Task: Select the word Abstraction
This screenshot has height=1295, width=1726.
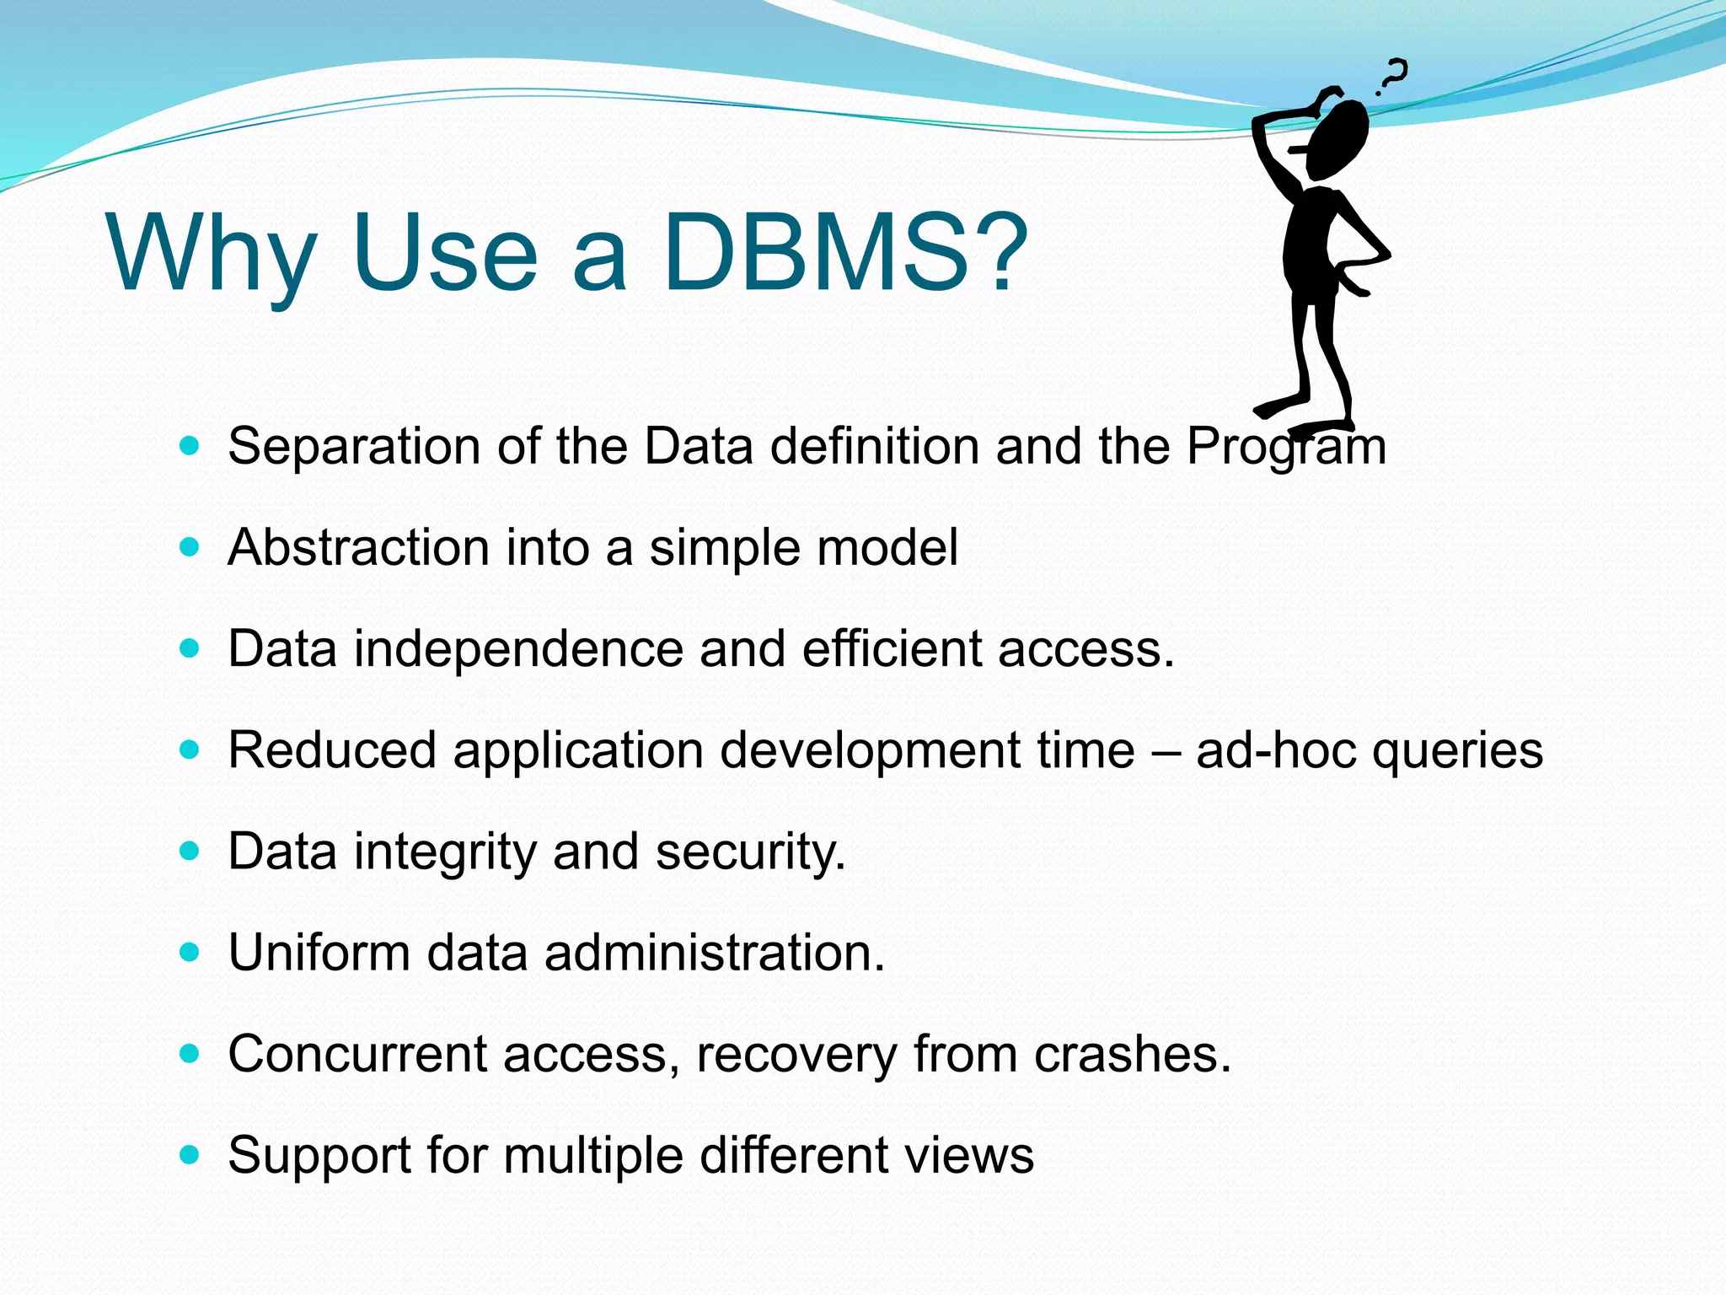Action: tap(358, 548)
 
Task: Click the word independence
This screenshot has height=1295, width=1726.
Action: tap(518, 649)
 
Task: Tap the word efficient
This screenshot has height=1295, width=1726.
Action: tap(892, 649)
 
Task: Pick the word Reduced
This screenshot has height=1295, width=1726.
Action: tap(332, 750)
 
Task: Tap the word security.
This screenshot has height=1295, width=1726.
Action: tap(750, 852)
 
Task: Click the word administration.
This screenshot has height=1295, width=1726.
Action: tap(714, 953)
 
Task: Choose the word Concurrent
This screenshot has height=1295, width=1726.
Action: tap(357, 1054)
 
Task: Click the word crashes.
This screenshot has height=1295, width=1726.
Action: tap(1132, 1054)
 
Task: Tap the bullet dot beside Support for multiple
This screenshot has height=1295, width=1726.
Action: tap(190, 1154)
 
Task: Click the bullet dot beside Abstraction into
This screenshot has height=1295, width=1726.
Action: tap(190, 547)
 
